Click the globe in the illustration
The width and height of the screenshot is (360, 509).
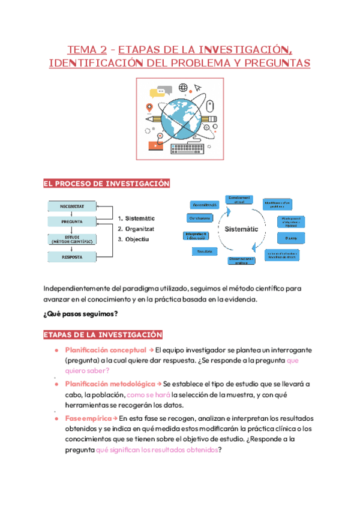[179, 115]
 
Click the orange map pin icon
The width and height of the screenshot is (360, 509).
[148, 107]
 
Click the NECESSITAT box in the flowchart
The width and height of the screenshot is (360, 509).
[71, 206]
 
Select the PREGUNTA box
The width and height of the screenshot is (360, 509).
[71, 221]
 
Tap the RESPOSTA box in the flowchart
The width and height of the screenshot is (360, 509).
[71, 257]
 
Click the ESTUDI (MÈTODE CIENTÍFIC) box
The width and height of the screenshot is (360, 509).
[71, 239]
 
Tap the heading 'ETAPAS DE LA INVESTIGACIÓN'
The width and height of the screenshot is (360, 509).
[102, 334]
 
